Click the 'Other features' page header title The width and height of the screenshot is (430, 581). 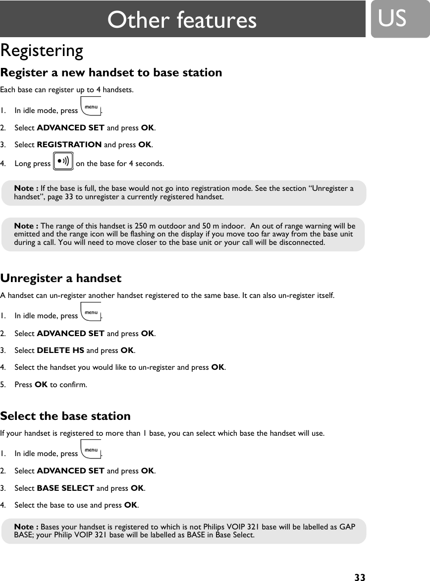point(182,20)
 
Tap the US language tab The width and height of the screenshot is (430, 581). point(392,18)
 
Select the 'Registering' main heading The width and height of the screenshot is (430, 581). point(42,51)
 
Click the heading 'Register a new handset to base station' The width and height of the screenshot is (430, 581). point(111,72)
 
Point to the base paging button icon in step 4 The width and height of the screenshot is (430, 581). point(63,162)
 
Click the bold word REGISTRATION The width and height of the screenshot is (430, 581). point(69,145)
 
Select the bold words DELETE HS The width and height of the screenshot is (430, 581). point(60,350)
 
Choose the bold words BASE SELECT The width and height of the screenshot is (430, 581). point(65,488)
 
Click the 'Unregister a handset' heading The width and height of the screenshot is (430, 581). point(61,278)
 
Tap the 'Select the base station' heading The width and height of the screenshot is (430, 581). point(65,416)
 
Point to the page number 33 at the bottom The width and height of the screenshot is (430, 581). point(360,577)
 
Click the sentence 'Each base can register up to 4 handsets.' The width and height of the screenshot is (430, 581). point(66,90)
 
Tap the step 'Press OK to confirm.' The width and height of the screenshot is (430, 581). point(51,384)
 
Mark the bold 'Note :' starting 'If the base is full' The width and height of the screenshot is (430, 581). point(26,188)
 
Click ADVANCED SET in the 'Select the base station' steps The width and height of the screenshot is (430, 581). point(70,471)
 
